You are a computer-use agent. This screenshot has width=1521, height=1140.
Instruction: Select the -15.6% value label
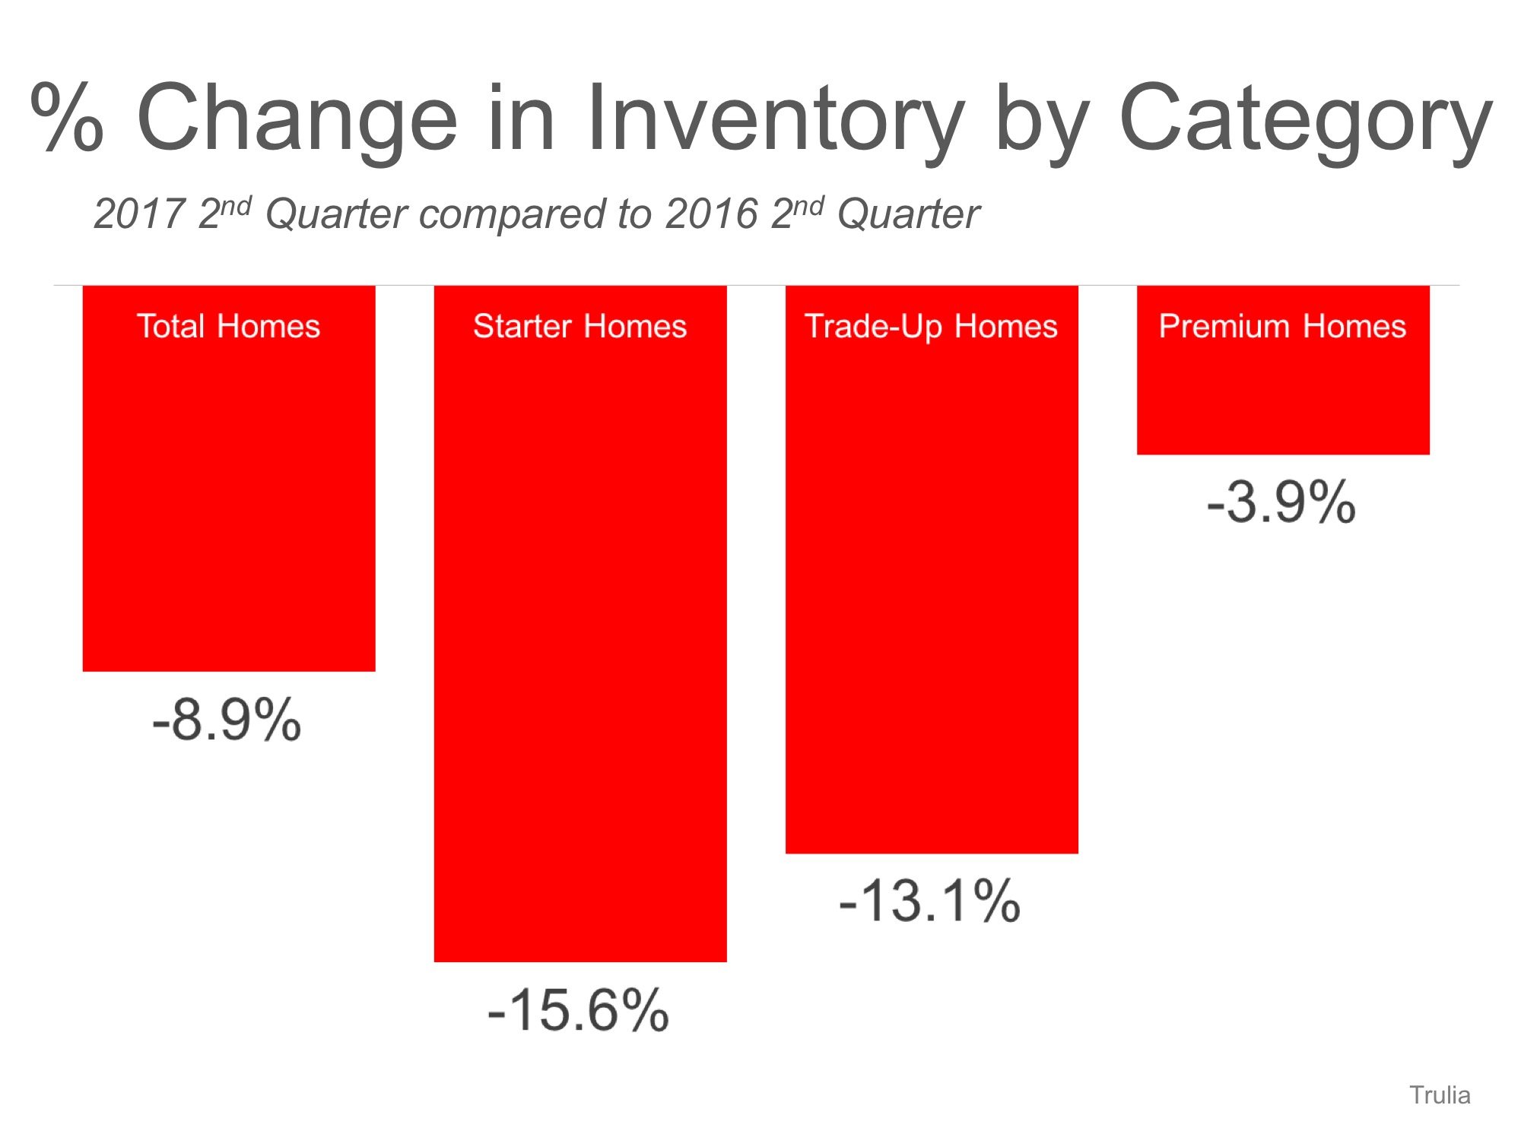pyautogui.click(x=578, y=1010)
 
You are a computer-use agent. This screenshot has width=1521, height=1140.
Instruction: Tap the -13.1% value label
pyautogui.click(x=929, y=901)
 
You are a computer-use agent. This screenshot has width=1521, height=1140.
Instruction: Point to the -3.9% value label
pyautogui.click(x=1281, y=502)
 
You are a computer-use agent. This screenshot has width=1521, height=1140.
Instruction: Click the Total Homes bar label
pyautogui.click(x=228, y=326)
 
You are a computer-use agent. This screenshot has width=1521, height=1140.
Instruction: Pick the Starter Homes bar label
pyautogui.click(x=580, y=326)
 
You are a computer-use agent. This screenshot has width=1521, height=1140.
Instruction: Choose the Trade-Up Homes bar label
pyautogui.click(x=931, y=326)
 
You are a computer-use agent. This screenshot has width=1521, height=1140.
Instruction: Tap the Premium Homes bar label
pyautogui.click(x=1282, y=326)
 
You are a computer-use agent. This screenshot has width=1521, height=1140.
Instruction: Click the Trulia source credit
pyautogui.click(x=1440, y=1095)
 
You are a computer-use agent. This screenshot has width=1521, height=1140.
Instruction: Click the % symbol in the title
pyautogui.click(x=67, y=118)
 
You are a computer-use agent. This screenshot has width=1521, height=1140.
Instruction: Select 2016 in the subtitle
pyautogui.click(x=712, y=214)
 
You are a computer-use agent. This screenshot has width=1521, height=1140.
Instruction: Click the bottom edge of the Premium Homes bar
pyautogui.click(x=1282, y=454)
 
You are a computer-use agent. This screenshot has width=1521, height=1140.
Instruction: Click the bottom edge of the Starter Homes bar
pyautogui.click(x=580, y=961)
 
